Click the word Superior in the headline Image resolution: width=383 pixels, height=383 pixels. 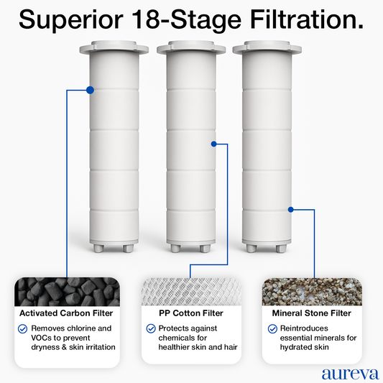pos(71,20)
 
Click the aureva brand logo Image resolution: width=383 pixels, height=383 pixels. pos(350,374)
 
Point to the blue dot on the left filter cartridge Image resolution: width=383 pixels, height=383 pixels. pos(90,90)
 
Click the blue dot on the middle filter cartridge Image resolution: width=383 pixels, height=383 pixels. pos(213,144)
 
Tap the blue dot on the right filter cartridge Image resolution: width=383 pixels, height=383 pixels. pos(291,210)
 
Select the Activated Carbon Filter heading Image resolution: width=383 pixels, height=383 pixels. pos(66,313)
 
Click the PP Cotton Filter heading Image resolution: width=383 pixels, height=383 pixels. pos(191,313)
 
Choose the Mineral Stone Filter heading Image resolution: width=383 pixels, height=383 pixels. pos(312,313)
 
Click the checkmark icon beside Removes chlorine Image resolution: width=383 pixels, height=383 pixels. pos(23,329)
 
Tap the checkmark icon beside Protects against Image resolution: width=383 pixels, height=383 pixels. pos(151,329)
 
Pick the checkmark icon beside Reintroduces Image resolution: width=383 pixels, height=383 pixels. pos(272,329)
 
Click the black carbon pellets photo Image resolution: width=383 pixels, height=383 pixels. pos(67,292)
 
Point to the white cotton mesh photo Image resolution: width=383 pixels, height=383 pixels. pos(191,292)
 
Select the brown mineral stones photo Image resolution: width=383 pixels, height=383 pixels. pos(312,292)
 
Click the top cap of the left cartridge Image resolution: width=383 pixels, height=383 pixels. pos(114,47)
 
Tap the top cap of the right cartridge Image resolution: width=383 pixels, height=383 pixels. pos(267,47)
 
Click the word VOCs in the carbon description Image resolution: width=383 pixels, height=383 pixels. pos(41,338)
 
